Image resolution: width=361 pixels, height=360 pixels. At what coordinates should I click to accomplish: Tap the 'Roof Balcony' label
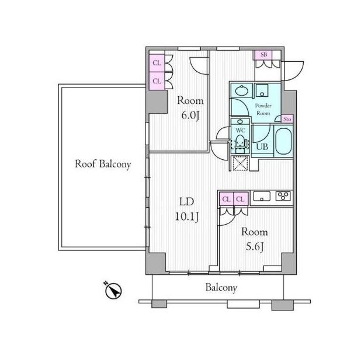pyautogui.click(x=103, y=164)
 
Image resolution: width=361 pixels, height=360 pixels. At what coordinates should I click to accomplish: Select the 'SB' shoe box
pyautogui.click(x=263, y=55)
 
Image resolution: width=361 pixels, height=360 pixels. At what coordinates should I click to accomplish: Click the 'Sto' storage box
pyautogui.click(x=287, y=119)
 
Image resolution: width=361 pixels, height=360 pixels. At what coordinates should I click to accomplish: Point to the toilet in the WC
pyautogui.click(x=240, y=144)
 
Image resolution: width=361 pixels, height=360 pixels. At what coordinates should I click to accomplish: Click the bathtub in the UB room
pyautogui.click(x=284, y=141)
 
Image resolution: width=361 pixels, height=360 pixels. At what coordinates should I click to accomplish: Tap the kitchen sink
pyautogui.click(x=262, y=196)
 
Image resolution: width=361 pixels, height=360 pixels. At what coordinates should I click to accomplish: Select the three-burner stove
pyautogui.click(x=283, y=196)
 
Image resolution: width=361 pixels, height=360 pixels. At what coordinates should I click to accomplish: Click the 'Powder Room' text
pyautogui.click(x=263, y=110)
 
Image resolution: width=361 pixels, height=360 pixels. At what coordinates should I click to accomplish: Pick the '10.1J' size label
pyautogui.click(x=187, y=216)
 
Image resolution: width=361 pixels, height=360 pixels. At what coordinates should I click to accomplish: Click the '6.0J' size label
pyautogui.click(x=190, y=116)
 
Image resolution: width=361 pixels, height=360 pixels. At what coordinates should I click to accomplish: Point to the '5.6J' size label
pyautogui.click(x=255, y=247)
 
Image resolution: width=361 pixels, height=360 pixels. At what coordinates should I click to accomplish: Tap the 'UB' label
pyautogui.click(x=262, y=146)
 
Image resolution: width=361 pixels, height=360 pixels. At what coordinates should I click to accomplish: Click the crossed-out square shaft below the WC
pyautogui.click(x=240, y=163)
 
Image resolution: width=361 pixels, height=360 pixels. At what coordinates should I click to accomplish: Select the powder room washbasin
pyautogui.click(x=241, y=90)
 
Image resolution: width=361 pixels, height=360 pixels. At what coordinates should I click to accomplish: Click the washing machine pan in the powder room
pyautogui.click(x=262, y=90)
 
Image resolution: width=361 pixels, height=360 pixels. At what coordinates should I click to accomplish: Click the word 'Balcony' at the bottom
pyautogui.click(x=221, y=288)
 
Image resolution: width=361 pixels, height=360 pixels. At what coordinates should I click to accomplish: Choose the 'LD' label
pyautogui.click(x=187, y=202)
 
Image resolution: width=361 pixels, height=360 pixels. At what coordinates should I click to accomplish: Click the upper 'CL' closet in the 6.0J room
pyautogui.click(x=157, y=63)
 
